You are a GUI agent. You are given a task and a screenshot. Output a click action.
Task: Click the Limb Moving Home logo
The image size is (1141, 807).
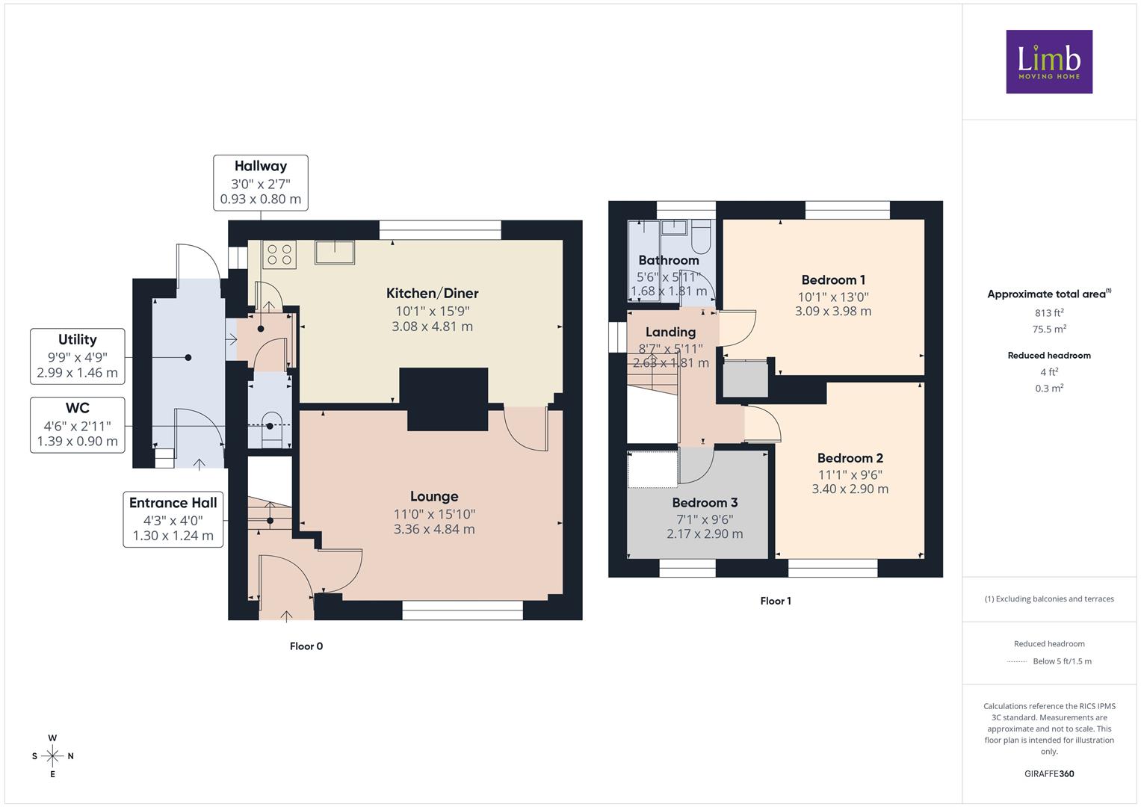tap(1049, 61)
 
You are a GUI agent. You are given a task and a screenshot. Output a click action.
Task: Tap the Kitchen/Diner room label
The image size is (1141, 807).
tap(433, 294)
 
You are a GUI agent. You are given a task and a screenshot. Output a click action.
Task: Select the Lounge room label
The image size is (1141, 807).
tap(434, 496)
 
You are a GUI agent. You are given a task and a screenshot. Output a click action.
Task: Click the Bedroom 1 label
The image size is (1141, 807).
tap(833, 279)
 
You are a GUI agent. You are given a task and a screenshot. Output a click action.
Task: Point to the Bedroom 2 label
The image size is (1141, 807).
tap(850, 458)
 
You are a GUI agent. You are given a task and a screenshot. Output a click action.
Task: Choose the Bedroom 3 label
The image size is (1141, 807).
tap(705, 502)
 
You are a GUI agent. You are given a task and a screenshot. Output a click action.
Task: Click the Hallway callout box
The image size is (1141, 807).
tap(261, 183)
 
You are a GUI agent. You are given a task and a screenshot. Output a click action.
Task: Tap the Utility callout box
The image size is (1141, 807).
tap(78, 356)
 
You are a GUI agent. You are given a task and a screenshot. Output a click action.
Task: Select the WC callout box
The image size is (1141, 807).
tap(78, 425)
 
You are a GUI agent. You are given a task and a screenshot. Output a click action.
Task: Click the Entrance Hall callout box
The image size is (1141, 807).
tap(173, 519)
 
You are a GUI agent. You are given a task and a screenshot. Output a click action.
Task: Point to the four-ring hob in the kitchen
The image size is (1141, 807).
tap(279, 255)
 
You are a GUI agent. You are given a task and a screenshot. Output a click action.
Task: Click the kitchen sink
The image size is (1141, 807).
tap(335, 253)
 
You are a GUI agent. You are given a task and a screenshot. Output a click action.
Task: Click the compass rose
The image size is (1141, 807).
tap(52, 756)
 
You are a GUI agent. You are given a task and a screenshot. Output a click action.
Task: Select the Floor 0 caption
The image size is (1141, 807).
tap(306, 646)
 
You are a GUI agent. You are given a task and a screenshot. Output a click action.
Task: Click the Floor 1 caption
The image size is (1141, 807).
tap(776, 601)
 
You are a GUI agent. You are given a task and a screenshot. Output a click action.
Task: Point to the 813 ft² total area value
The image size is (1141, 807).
tap(1049, 313)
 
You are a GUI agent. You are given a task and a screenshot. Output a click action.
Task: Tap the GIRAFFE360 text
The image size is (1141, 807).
tap(1049, 773)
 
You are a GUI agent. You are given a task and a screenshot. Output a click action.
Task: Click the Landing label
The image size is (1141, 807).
tap(670, 333)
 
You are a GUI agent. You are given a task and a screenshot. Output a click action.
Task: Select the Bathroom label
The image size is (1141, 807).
tap(668, 260)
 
